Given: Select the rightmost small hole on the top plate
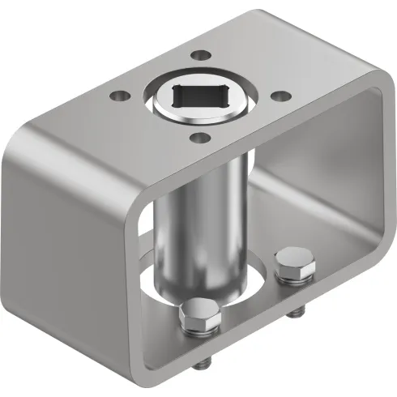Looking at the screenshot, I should [278, 96].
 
